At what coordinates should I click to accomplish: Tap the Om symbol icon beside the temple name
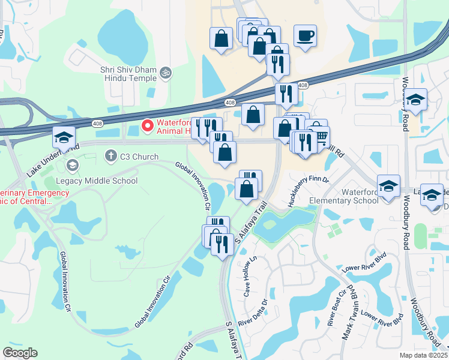point(166,74)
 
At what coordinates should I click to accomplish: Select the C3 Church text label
point(138,157)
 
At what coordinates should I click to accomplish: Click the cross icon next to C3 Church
point(110,157)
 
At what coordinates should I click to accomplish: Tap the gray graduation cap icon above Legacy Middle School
point(73,165)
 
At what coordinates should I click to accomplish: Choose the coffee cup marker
point(305,35)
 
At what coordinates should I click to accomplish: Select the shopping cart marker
point(321,136)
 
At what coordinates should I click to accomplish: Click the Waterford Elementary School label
point(327,196)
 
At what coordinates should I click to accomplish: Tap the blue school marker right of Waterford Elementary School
point(389,185)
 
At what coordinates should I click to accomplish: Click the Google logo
point(20,353)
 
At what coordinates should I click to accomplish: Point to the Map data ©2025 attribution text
point(423,355)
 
